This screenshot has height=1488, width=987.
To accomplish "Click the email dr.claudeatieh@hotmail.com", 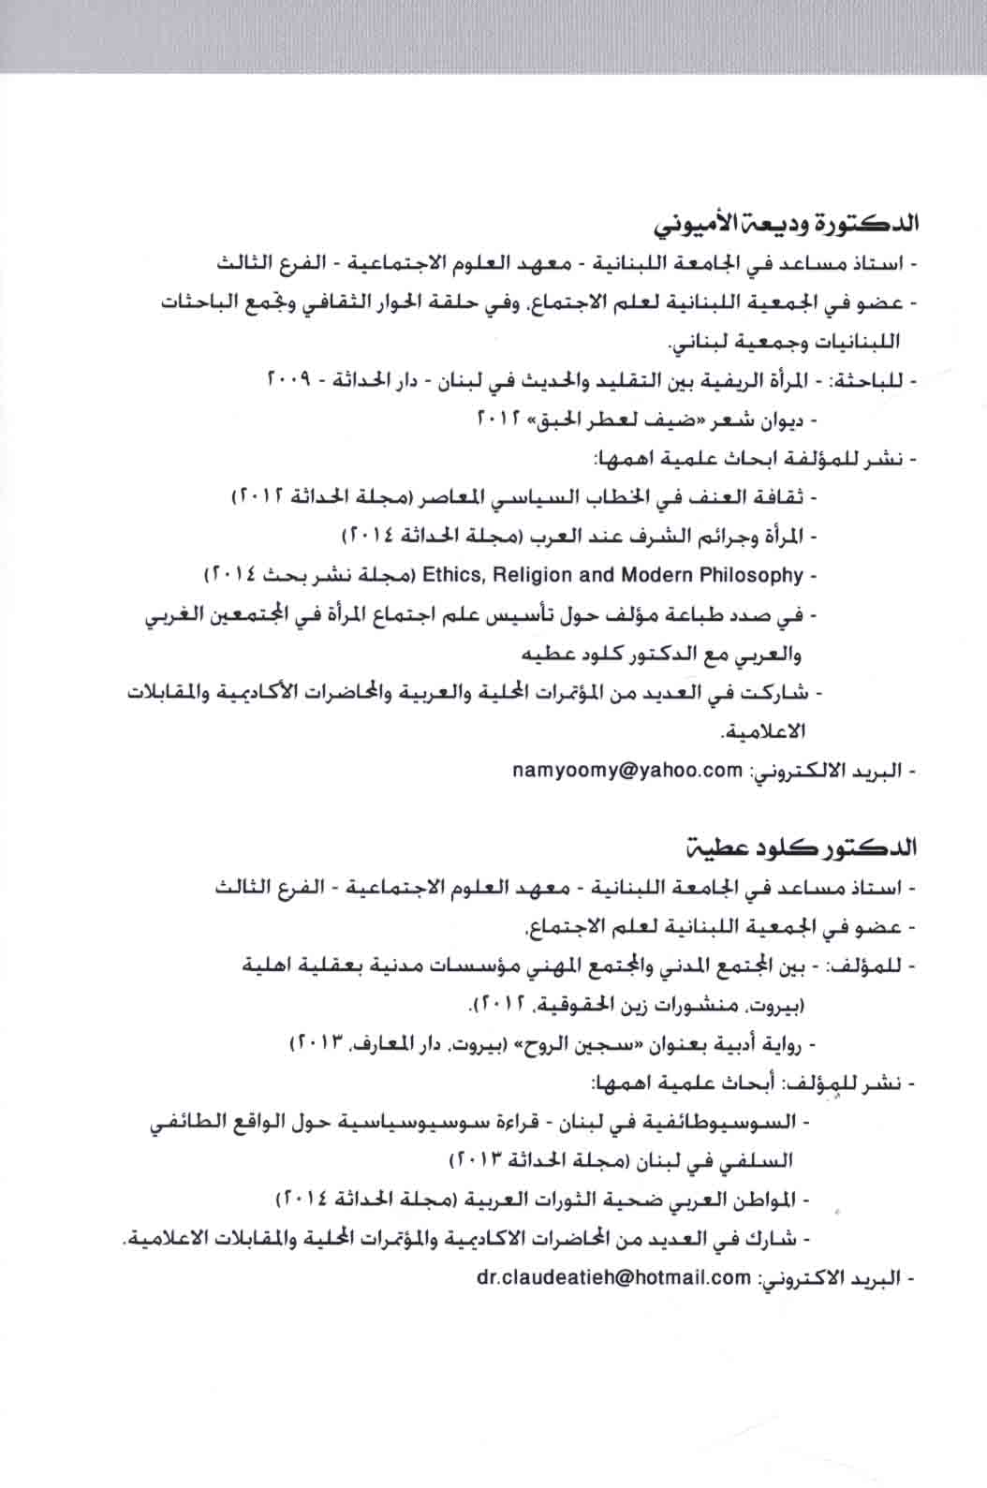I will point(614,1275).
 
